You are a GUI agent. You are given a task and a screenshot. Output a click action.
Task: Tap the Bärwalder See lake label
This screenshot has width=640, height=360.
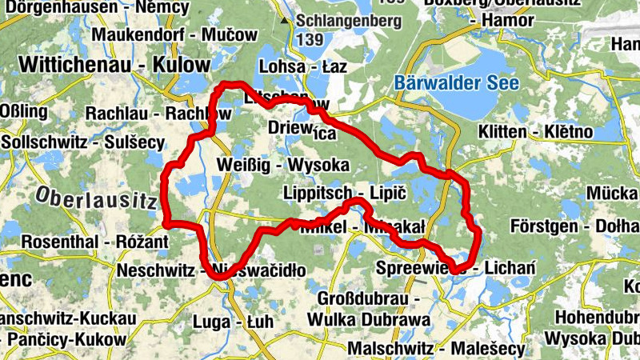pos(456,82)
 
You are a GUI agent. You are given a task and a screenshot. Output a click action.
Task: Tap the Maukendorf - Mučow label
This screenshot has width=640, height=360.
pos(174,34)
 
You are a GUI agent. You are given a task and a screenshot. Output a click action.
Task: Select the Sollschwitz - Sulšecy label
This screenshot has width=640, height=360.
pos(82,142)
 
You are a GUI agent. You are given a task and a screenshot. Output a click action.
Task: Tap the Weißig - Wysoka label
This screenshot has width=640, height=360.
pos(282,166)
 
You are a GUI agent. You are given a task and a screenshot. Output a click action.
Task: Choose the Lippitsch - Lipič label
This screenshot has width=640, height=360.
pos(346,194)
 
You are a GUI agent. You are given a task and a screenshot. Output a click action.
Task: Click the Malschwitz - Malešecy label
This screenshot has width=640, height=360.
pos(436,349)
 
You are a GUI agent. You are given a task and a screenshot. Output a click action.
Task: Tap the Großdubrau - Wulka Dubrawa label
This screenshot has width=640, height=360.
pos(374,309)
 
